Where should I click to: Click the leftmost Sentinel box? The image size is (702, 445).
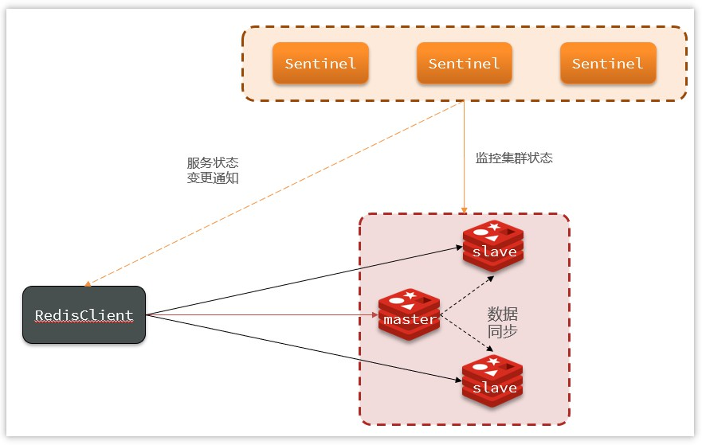point(320,64)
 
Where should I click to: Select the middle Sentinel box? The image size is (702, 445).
point(464,64)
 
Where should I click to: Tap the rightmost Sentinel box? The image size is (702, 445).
point(607,64)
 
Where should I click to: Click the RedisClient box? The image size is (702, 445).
point(84,315)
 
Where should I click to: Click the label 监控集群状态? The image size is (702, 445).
point(514,158)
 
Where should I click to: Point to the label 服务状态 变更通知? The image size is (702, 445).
point(213,170)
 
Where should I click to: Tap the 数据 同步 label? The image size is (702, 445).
point(502,322)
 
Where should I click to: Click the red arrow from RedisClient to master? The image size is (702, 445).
point(263,315)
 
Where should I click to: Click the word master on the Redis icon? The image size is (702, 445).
point(410,319)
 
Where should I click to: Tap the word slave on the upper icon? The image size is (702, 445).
point(494,252)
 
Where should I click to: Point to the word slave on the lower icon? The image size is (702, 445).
point(494,388)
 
